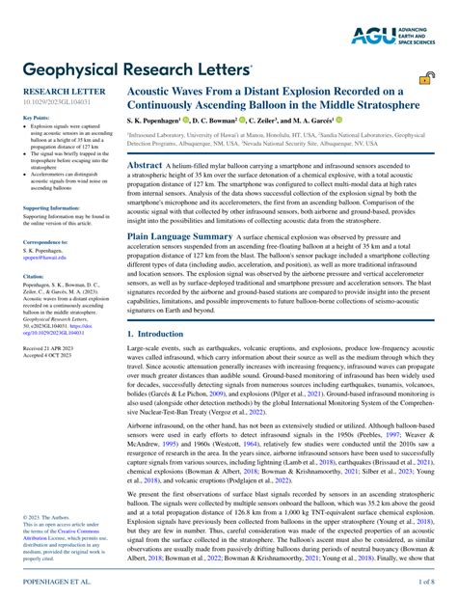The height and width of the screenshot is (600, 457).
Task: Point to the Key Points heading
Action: tap(36, 118)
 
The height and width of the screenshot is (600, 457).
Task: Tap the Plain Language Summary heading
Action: tap(180, 235)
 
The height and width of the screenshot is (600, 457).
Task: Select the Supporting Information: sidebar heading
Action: tap(52, 207)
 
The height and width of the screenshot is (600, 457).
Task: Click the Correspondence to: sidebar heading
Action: tap(45, 242)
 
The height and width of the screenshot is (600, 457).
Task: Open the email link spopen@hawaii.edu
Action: tap(45, 258)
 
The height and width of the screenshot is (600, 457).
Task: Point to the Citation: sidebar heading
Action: tap(34, 276)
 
